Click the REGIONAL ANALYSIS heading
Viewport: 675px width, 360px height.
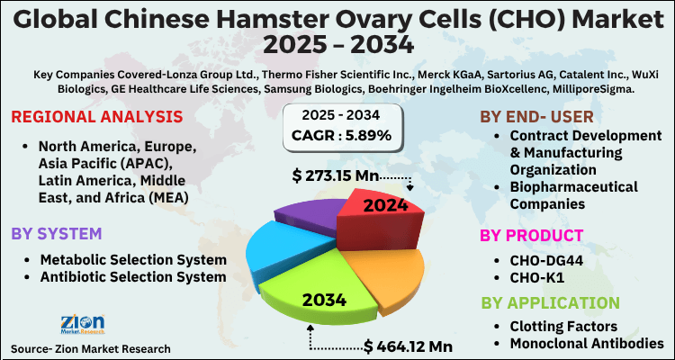97,117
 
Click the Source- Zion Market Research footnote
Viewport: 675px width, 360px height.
90,347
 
